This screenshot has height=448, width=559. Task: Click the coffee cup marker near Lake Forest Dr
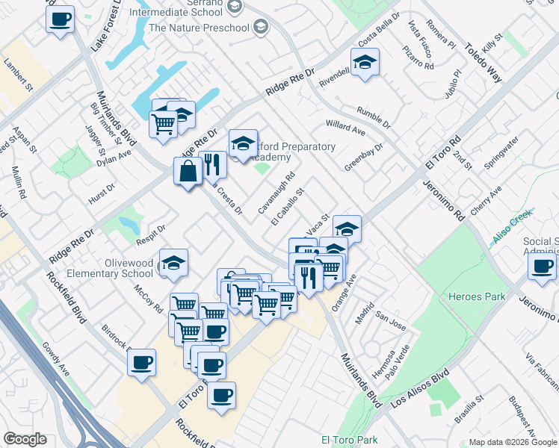pos(60,19)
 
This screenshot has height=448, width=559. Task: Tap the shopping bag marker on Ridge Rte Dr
pos(188,171)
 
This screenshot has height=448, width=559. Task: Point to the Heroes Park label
pos(476,296)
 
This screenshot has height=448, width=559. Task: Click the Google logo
pos(25,439)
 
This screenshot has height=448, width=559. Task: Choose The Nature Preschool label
pos(199,28)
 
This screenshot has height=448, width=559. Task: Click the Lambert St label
pos(19,75)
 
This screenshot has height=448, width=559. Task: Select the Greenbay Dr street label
pos(364,157)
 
